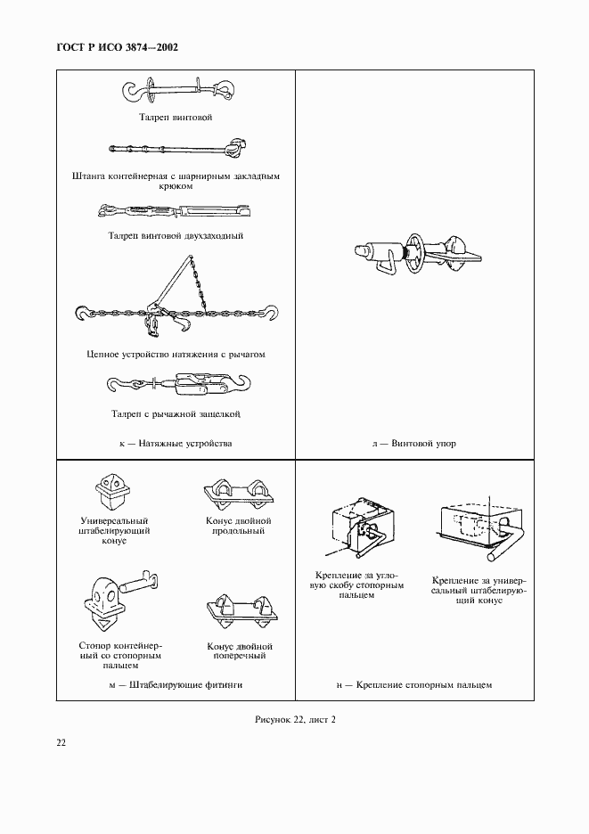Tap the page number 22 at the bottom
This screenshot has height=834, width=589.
pyautogui.click(x=61, y=741)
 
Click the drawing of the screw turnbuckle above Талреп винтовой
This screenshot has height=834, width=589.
pyautogui.click(x=176, y=92)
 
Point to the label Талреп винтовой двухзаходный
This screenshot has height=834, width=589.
pyautogui.click(x=176, y=236)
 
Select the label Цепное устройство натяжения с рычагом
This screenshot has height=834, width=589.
pyautogui.click(x=176, y=354)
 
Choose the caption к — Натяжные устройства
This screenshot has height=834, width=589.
pyautogui.click(x=176, y=443)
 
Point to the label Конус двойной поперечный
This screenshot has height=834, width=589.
pyautogui.click(x=239, y=650)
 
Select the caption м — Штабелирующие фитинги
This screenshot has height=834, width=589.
pyautogui.click(x=176, y=684)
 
